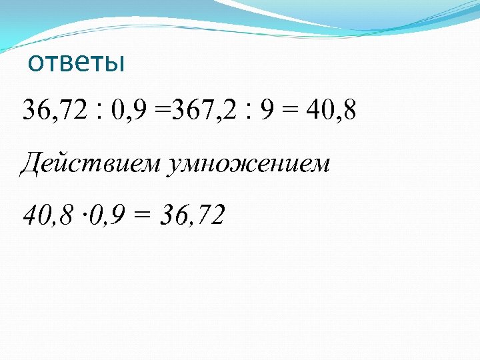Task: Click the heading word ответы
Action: click(x=77, y=63)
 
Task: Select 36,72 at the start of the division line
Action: click(x=55, y=111)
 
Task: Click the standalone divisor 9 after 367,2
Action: click(x=266, y=111)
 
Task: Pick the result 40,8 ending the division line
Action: click(x=331, y=111)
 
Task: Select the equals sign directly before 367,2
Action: click(x=162, y=111)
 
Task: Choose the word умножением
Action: click(x=249, y=163)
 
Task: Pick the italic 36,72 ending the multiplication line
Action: click(x=192, y=215)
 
